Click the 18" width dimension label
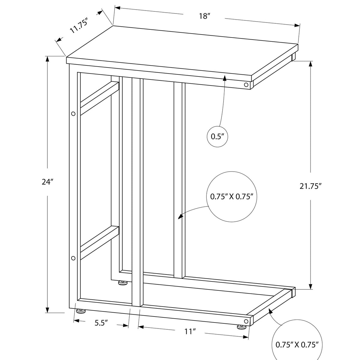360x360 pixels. click(x=204, y=16)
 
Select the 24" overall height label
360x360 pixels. click(x=47, y=182)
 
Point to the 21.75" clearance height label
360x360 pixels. click(x=310, y=186)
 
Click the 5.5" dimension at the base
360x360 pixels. click(x=101, y=323)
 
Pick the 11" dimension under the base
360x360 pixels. click(x=190, y=331)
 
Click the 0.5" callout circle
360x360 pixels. click(x=218, y=137)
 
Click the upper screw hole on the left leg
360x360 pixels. click(x=73, y=114)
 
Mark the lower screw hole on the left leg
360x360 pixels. click(x=73, y=258)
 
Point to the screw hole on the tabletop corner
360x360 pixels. click(x=246, y=85)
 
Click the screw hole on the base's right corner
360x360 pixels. click(x=246, y=321)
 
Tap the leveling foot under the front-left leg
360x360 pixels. click(x=80, y=311)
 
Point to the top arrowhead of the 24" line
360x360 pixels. click(x=47, y=59)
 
